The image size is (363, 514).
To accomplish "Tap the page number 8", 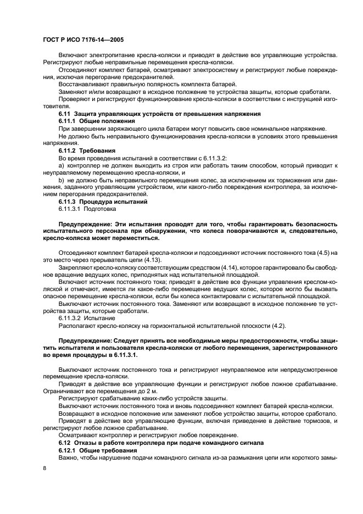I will click(x=44, y=468).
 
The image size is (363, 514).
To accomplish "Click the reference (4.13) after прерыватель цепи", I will click(x=138, y=259).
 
